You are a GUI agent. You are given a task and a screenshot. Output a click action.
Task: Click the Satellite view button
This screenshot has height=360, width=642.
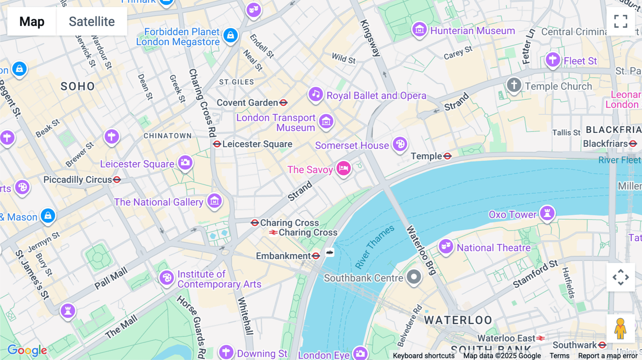(x=92, y=21)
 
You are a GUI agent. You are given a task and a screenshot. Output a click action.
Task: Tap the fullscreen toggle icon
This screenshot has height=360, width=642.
(x=621, y=21)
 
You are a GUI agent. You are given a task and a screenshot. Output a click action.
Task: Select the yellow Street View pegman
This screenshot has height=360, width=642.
(x=620, y=328)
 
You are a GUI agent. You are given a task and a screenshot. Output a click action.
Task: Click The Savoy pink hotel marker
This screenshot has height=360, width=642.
(x=343, y=168)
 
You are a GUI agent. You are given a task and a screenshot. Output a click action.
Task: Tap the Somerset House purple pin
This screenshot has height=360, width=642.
(x=400, y=144)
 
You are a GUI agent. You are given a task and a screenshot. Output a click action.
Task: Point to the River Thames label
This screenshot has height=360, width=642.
(x=374, y=247)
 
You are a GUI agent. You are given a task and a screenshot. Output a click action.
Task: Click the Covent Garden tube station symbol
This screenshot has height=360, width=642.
(x=284, y=103)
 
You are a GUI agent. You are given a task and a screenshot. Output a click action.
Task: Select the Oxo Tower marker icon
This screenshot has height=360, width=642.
(x=547, y=213)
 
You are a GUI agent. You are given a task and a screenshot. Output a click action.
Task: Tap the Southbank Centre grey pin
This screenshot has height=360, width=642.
(x=414, y=277)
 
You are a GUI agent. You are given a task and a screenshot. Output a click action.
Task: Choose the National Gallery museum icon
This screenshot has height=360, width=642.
(x=214, y=201)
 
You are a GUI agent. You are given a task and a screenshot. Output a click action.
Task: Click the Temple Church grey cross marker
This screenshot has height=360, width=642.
(x=514, y=85)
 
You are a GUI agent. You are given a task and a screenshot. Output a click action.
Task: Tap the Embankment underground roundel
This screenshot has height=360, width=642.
(x=316, y=256)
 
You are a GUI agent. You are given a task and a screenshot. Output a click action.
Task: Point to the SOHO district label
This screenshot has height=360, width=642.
(x=77, y=86)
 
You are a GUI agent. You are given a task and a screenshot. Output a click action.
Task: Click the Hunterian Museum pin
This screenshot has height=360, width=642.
(x=419, y=30)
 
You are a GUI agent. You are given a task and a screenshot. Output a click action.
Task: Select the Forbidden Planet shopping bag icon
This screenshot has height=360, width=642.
(x=230, y=35)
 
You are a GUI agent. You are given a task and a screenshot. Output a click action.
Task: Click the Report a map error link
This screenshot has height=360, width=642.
(x=607, y=356)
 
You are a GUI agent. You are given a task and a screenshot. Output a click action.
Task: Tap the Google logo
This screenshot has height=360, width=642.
(x=27, y=350)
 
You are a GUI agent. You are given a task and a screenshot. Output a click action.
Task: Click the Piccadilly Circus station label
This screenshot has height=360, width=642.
(x=78, y=180)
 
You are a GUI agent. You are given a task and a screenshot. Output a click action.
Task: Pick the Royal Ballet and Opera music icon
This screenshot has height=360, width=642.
(x=316, y=94)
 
